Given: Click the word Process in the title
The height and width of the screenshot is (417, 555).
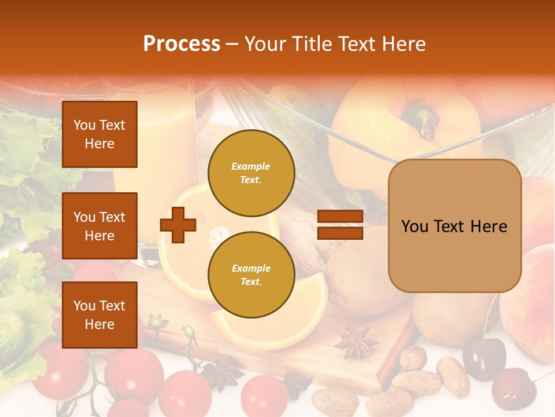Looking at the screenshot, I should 182,44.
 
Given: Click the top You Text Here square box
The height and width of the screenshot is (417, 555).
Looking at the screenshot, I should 99,134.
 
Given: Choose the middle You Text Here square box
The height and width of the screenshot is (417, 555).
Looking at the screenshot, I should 99,226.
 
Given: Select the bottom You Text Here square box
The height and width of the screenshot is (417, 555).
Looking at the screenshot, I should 99,315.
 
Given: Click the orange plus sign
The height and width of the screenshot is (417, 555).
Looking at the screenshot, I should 178,225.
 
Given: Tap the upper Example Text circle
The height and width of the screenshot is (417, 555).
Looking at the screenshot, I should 251,173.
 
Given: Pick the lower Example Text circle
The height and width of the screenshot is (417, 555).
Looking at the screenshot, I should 251,275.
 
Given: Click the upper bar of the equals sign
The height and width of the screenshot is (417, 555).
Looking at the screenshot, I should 340,217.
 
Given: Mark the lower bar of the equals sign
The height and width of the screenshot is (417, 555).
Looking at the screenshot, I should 340,233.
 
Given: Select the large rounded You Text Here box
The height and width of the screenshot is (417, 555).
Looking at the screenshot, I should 454,226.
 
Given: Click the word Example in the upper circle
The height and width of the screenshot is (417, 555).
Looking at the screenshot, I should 250,166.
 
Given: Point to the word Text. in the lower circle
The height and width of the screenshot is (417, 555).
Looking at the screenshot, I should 250,282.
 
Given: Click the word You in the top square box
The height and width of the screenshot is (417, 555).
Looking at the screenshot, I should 84,125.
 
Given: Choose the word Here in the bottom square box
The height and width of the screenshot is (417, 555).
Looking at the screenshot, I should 99,324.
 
